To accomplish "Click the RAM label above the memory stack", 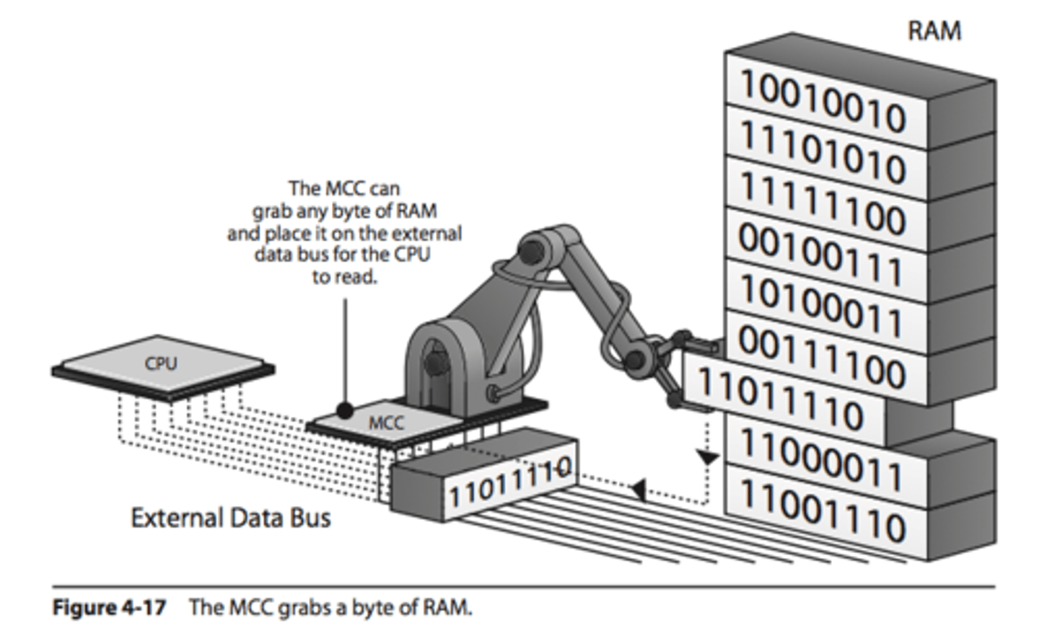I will [934, 31].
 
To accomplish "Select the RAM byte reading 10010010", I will [823, 101].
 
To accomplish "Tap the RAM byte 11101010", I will [823, 152].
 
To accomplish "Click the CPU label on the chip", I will [160, 363].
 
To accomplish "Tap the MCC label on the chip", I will [386, 423].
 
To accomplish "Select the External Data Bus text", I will [230, 518].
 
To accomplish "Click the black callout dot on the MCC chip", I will [346, 411].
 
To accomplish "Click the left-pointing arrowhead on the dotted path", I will [638, 490].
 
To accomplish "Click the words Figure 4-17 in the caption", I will [109, 607].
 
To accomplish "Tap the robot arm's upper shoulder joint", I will [532, 249].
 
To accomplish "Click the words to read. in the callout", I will [344, 277].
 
